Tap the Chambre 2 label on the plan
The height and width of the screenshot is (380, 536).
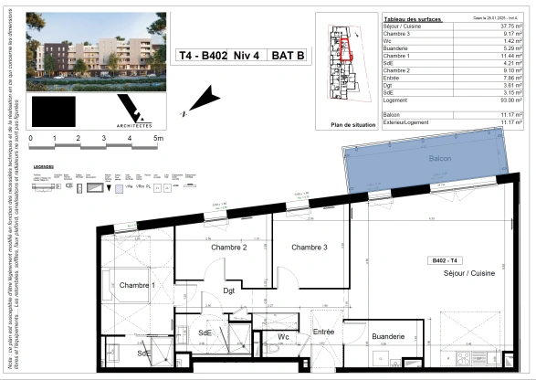tap(229, 248)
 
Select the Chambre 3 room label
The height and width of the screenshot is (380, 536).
tap(310, 248)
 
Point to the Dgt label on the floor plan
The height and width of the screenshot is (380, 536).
tap(228, 290)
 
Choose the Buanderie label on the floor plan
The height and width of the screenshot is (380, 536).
tap(388, 336)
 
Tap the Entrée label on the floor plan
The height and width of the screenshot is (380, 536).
tap(324, 331)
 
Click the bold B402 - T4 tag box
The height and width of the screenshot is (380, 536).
tap(449, 261)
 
